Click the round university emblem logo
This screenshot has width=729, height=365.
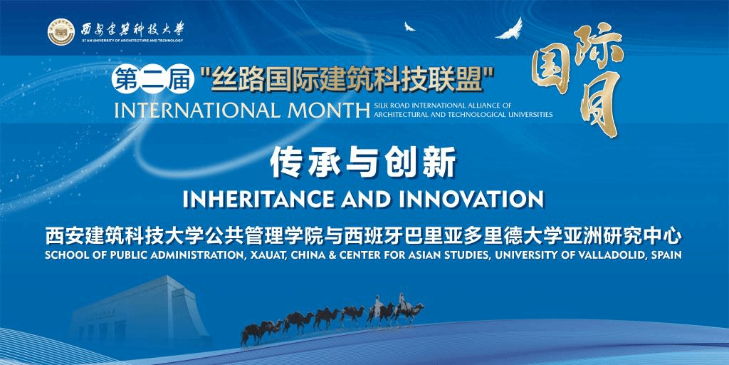(61, 32)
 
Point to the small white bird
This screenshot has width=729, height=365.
(409, 26)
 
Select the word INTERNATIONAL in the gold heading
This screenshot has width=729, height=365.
(198, 110)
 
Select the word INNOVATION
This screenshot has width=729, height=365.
(471, 200)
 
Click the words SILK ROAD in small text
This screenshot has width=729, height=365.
(390, 106)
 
